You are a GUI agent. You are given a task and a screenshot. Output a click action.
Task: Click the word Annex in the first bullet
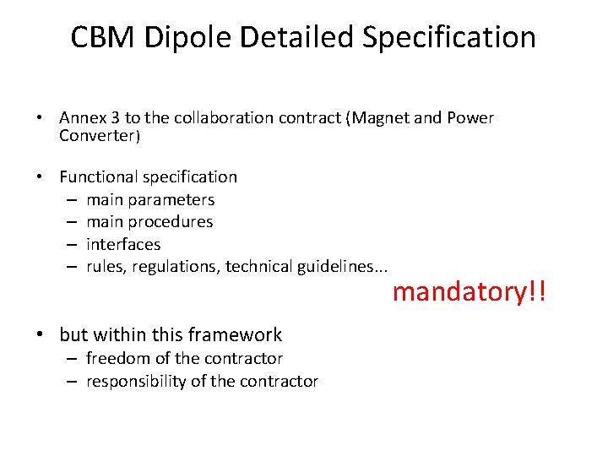coord(82,118)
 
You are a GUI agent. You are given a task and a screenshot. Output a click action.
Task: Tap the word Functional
coord(99,177)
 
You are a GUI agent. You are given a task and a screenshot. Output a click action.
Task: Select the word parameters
coord(175,200)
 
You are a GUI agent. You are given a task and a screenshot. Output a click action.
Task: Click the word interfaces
coord(123,244)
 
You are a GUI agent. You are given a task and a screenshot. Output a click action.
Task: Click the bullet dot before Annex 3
coord(41,118)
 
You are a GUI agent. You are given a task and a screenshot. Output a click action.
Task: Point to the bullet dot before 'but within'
coord(41,335)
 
